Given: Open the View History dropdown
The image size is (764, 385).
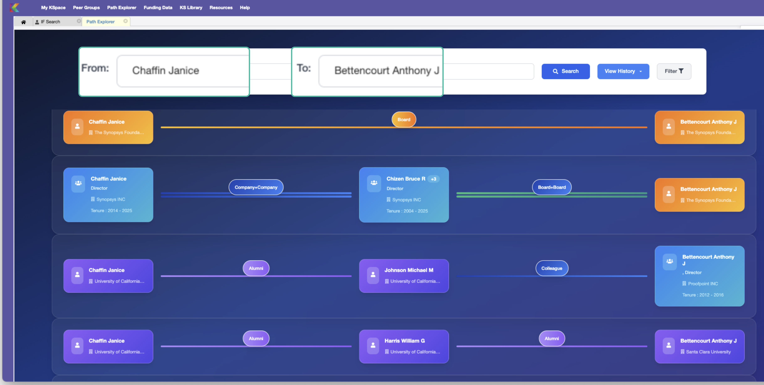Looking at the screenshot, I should tap(623, 71).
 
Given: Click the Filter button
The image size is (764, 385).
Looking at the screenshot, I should tap(674, 71).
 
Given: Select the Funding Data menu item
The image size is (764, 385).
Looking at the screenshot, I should tap(158, 8).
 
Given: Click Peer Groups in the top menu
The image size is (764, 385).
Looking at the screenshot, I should tap(86, 8).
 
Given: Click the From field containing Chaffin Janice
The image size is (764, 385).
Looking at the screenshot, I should tap(182, 71).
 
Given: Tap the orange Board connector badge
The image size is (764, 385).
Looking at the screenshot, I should tap(404, 119).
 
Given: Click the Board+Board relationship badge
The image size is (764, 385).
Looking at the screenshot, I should tap(552, 187).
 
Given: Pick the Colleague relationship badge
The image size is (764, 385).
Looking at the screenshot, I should tap(552, 268).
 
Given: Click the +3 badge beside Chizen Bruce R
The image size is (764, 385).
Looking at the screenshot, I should tap(433, 179).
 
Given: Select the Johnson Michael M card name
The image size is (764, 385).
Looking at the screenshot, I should tap(409, 270).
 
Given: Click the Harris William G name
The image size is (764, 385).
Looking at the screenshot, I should tap(404, 341).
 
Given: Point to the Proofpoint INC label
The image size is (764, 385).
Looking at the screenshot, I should tap(703, 284).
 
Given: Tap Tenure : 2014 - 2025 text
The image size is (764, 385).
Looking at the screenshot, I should tap(111, 210).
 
